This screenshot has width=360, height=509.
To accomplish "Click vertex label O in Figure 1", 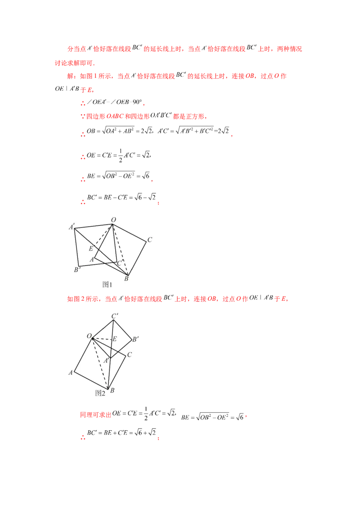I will click(113, 219).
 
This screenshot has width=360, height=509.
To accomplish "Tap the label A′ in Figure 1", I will click(71, 227).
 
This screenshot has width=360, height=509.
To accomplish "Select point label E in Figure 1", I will click(91, 249).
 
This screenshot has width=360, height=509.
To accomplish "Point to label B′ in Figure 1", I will click(77, 270).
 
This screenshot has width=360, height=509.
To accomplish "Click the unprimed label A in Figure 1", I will click(91, 259).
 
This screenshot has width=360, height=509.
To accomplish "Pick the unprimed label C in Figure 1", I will click(149, 240).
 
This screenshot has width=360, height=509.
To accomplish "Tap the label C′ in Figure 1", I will click(119, 263).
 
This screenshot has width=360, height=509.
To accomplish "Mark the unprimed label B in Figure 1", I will click(126, 279).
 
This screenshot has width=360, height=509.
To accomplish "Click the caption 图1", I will click(107, 284).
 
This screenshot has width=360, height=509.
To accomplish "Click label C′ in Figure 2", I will click(115, 317).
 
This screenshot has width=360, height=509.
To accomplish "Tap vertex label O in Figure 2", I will click(90, 336).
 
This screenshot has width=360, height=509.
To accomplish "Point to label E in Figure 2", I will click(114, 338).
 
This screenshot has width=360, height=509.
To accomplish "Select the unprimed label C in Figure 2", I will click(129, 355).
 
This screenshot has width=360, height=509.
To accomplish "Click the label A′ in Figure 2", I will click(107, 361).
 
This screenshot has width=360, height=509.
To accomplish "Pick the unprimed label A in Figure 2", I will click(71, 372).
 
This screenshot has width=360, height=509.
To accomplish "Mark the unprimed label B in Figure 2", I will click(112, 391).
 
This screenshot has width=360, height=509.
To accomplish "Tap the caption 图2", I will click(100, 393).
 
